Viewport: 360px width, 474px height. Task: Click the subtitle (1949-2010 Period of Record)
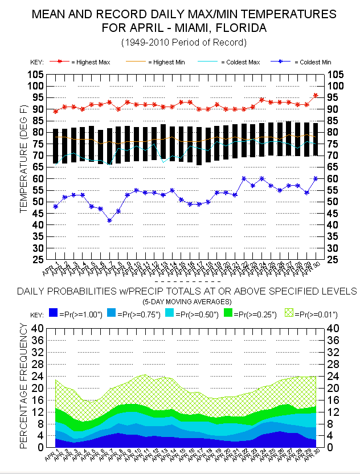pyautogui.click(x=183, y=43)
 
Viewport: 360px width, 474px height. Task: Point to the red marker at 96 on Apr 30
pyautogui.click(x=316, y=96)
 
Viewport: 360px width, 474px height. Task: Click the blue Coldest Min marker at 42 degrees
pyautogui.click(x=110, y=220)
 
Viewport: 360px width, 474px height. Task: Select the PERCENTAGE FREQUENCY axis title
pyautogui.click(x=24, y=385)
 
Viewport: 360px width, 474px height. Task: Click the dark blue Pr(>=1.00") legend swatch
pyautogui.click(x=55, y=314)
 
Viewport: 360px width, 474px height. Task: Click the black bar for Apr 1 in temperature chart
pyautogui.click(x=55, y=146)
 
